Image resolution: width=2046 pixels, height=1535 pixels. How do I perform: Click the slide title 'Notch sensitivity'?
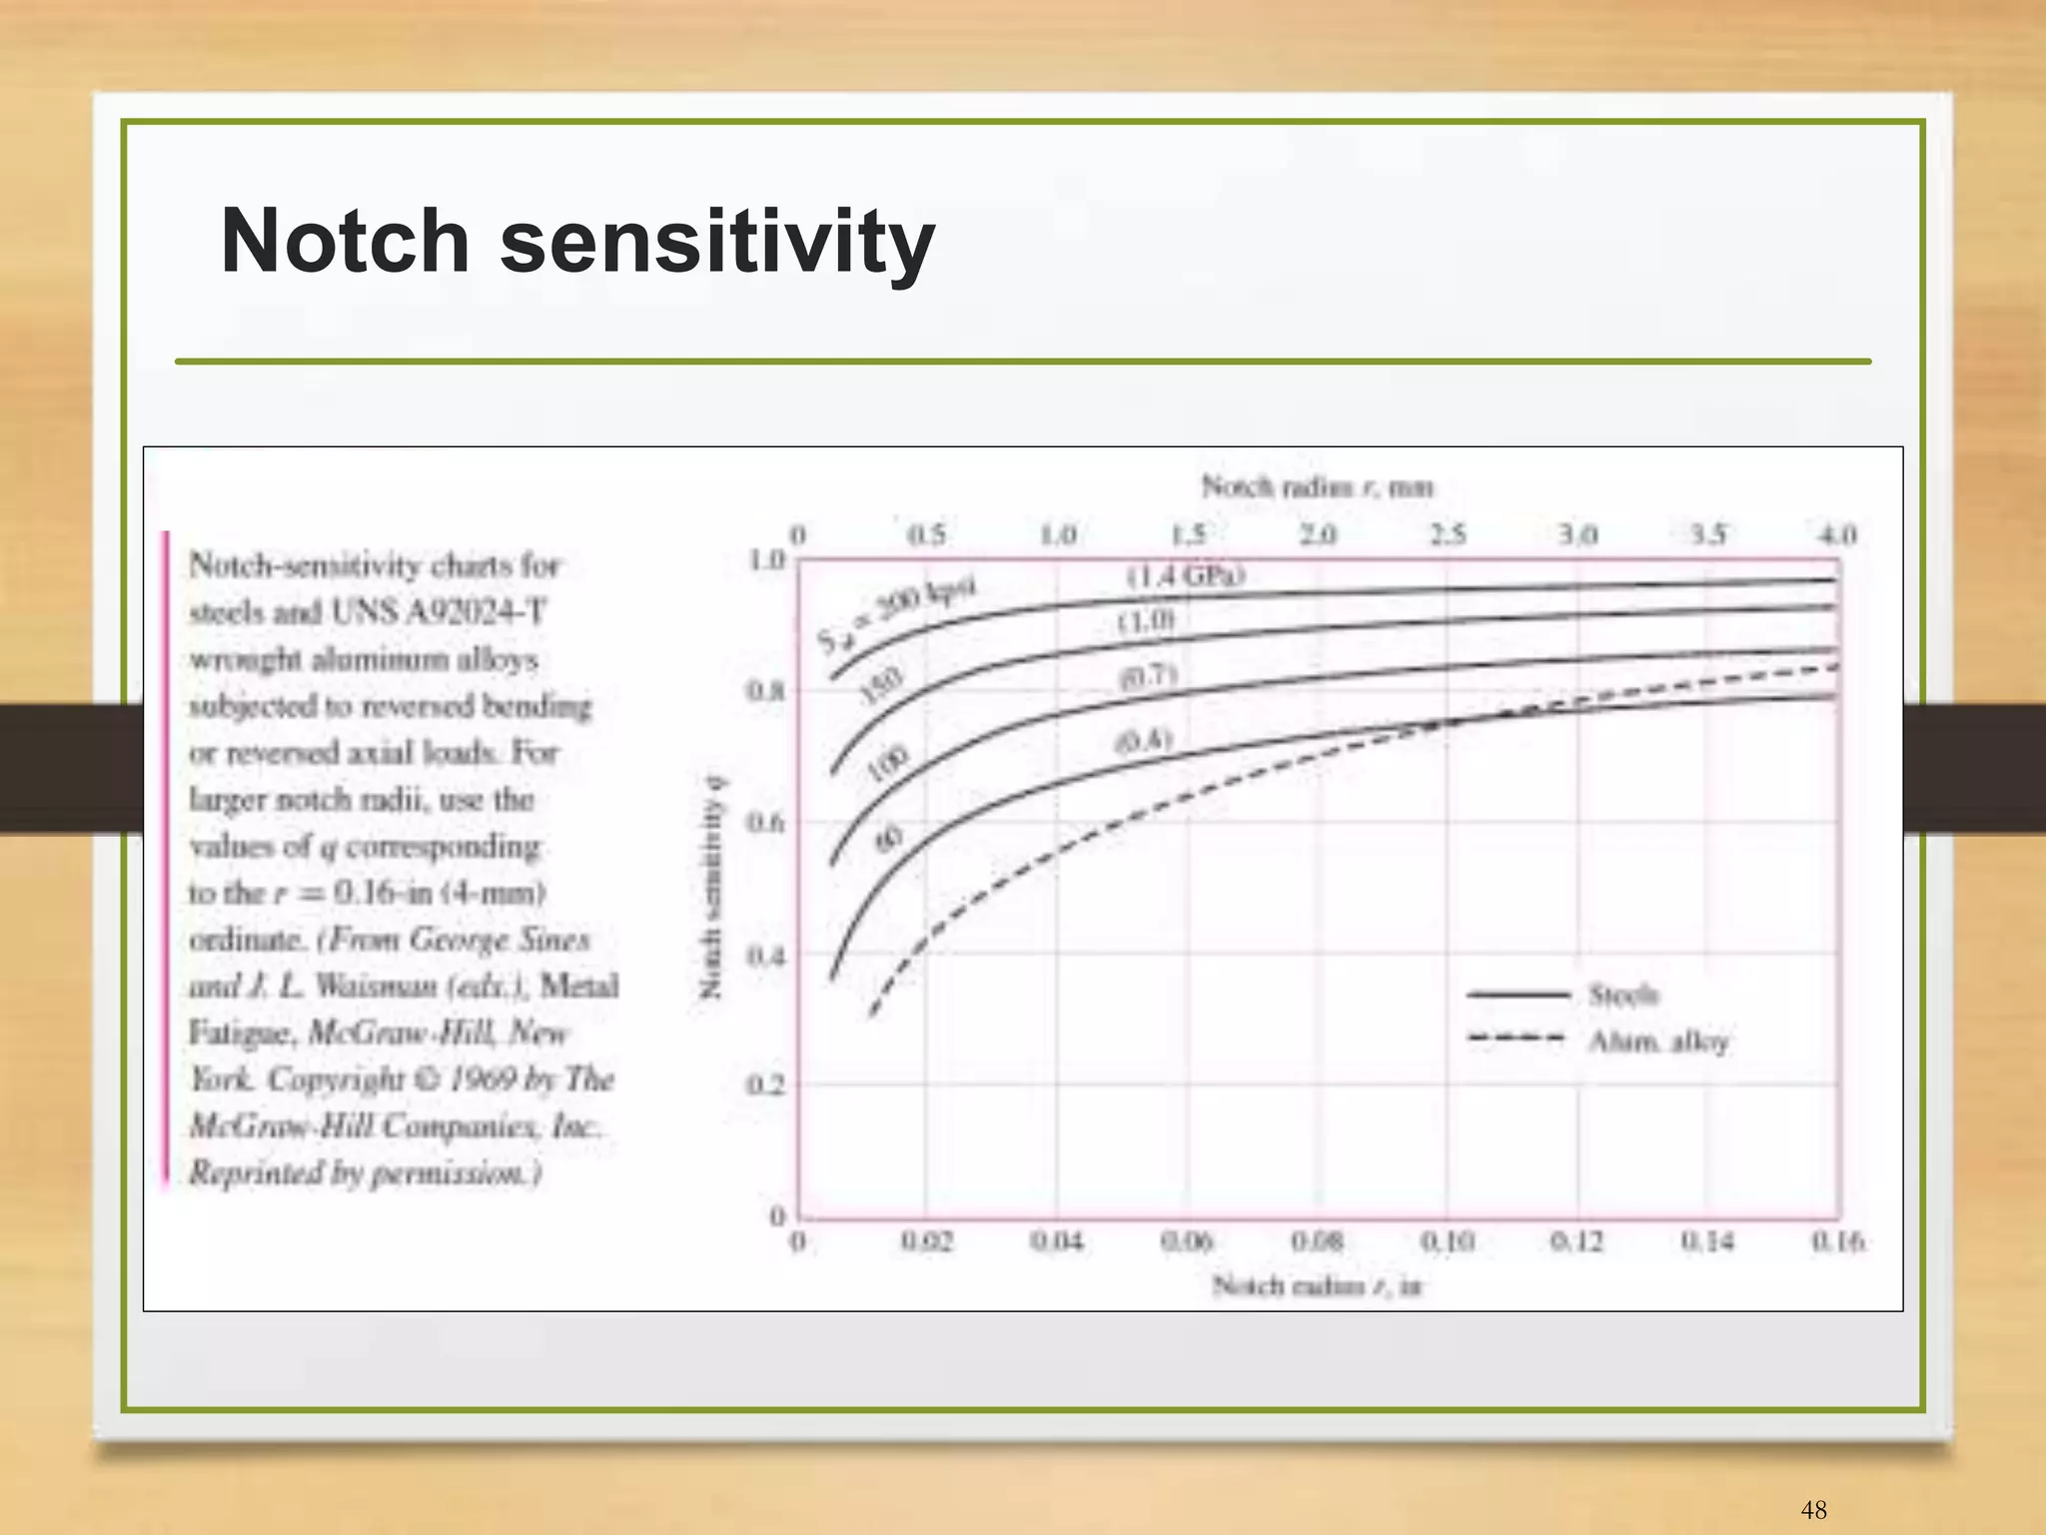point(577,242)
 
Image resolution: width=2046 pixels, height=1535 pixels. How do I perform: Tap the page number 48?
point(1813,1509)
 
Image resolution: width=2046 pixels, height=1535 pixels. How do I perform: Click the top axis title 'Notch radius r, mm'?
point(1317,487)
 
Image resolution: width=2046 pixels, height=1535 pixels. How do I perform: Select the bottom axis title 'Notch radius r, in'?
point(1317,1285)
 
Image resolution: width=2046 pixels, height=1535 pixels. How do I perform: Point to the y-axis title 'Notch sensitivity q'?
point(710,887)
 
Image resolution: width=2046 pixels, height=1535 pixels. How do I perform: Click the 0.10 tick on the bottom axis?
point(1447,1242)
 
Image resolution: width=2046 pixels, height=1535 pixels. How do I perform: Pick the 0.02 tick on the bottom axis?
point(927,1242)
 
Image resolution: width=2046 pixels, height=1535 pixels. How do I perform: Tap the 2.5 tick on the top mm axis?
point(1448,535)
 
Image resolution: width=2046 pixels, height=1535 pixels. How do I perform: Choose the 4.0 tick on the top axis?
point(1836,535)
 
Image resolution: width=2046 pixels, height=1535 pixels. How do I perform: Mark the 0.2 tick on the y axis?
point(766,1086)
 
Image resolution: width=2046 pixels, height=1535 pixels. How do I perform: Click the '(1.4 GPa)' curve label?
point(1186,576)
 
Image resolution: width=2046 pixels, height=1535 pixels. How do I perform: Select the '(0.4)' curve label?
point(1143,741)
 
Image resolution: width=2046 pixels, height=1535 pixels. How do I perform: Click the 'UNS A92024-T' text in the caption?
point(439,611)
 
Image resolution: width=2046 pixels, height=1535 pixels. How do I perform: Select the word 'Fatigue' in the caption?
point(242,1032)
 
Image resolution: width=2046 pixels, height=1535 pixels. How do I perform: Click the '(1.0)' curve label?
point(1146,621)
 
